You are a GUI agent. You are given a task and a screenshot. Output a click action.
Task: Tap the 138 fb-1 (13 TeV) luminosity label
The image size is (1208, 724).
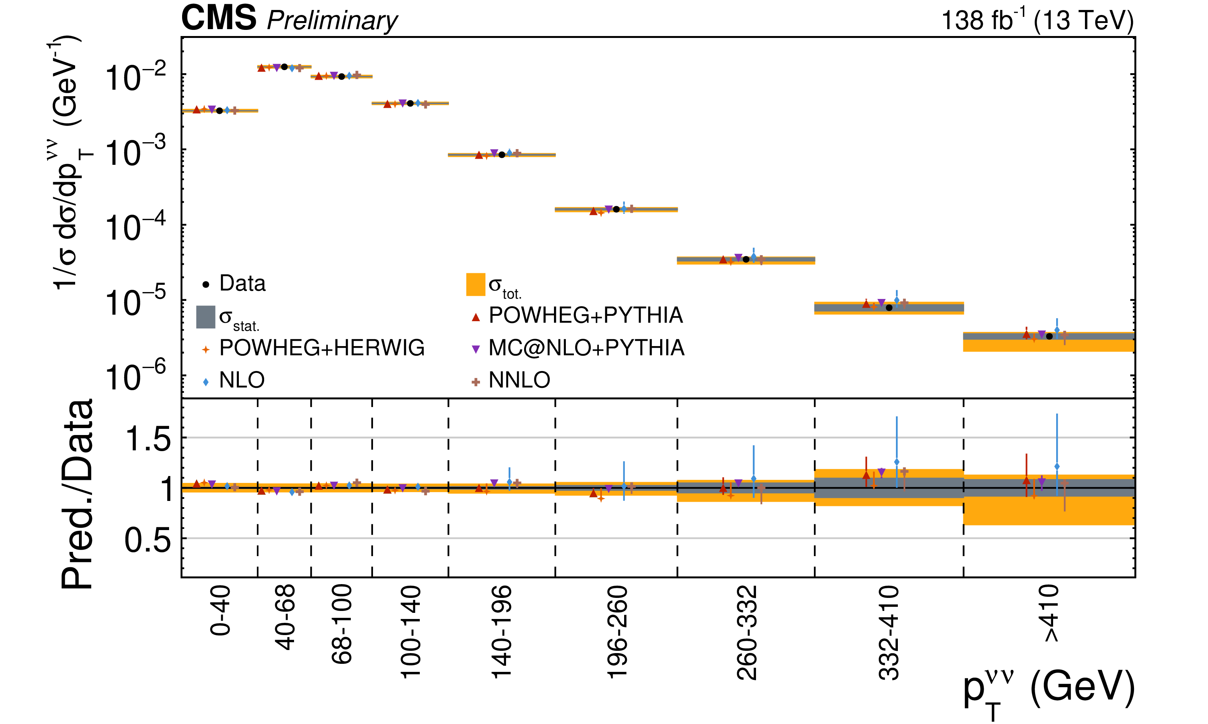point(1037,20)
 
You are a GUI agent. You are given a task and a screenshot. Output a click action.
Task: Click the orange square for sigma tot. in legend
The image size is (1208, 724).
point(476,284)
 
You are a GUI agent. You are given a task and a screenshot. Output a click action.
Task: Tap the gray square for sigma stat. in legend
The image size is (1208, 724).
point(205,317)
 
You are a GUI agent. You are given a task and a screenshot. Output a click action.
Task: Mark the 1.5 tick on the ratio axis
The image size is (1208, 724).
point(148,438)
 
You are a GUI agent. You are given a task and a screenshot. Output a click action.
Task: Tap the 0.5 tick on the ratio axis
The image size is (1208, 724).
point(148,540)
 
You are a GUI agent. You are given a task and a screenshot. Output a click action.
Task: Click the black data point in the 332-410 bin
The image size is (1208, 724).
point(889,308)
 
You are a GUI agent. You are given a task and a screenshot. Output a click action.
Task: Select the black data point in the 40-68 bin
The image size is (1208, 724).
point(284,67)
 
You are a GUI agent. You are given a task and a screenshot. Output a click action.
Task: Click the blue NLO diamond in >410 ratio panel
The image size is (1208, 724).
point(1057,466)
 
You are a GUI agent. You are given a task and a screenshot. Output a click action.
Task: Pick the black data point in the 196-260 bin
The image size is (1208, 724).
point(616,209)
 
